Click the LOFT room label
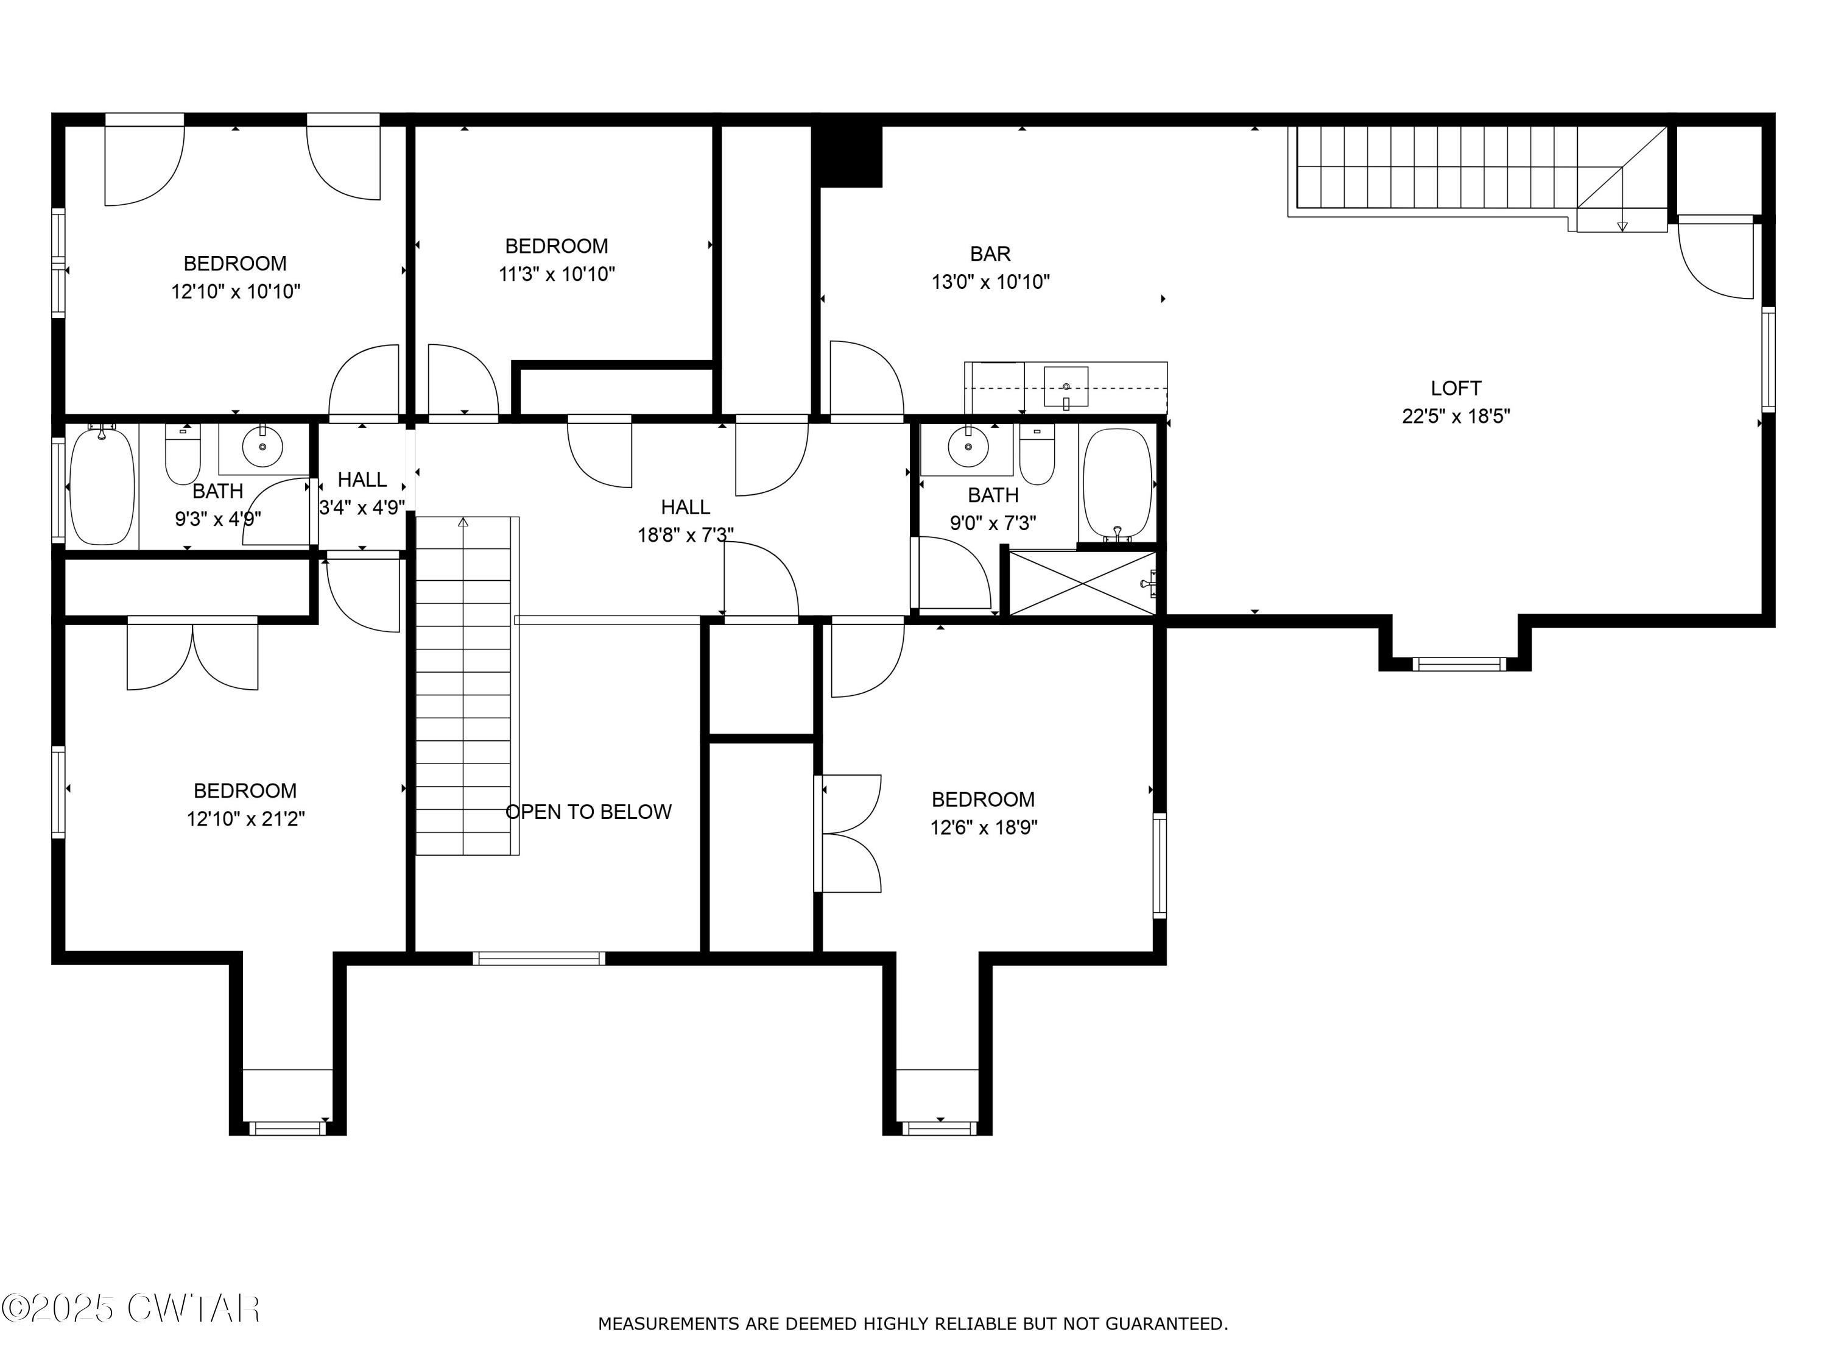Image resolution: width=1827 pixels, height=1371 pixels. [1456, 388]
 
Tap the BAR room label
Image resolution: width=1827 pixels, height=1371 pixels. [990, 253]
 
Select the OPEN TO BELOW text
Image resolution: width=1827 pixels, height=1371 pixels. [588, 812]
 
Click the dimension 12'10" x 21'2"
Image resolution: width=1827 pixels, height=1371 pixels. [245, 819]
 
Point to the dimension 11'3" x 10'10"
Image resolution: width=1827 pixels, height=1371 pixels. [557, 274]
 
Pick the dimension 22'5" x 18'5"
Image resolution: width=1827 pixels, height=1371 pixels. [1456, 416]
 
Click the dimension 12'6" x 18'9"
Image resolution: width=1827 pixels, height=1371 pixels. [984, 827]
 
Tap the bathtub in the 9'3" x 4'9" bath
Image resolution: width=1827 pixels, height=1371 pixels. [102, 485]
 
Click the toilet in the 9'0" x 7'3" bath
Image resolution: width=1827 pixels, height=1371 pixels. [1037, 455]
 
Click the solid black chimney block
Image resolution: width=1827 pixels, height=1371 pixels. [848, 155]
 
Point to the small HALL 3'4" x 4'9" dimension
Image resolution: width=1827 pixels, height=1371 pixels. [362, 508]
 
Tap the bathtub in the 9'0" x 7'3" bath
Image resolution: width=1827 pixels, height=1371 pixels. [1117, 484]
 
